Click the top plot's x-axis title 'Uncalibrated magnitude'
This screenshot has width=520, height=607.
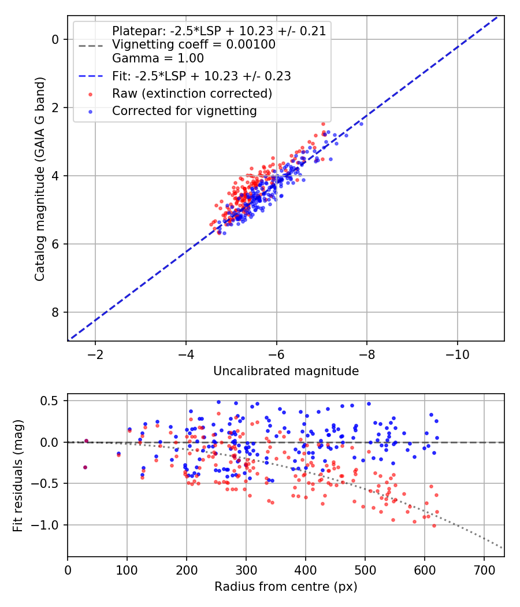pos(286,371)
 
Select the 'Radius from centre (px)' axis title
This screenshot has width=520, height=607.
pos(286,587)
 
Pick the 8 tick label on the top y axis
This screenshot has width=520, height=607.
pos(55,312)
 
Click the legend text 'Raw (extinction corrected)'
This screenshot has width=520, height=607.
pos(192,93)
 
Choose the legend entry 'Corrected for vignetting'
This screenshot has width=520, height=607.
pos(184,110)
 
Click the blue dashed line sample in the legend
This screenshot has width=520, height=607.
pos(91,76)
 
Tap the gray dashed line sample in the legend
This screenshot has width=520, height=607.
pos(91,45)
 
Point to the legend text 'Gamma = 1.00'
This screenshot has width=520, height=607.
pos(158,58)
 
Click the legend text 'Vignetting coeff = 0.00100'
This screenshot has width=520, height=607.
pos(194,45)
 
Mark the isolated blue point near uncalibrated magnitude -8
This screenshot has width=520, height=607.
pos(361,124)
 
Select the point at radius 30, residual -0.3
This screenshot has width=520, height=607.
pos(85,467)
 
